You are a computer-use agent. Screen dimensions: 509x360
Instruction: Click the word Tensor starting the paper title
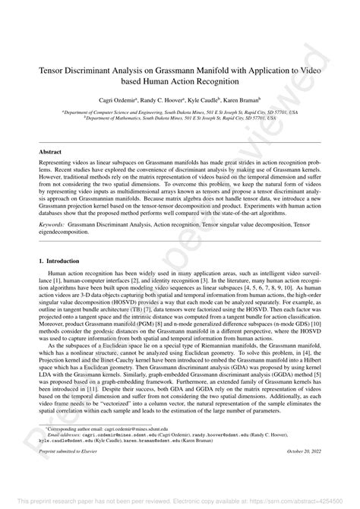pyautogui.click(x=54, y=68)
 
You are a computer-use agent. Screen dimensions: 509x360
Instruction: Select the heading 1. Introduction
pyautogui.click(x=62, y=261)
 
